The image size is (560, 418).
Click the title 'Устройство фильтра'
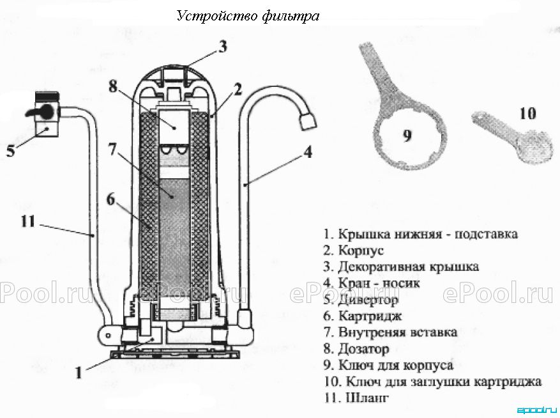click(248, 16)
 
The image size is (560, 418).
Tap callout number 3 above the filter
click(223, 47)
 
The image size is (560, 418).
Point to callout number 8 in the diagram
click(113, 86)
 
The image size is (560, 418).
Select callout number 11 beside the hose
click(28, 221)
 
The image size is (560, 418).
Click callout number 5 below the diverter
click(11, 151)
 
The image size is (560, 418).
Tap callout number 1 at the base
click(79, 373)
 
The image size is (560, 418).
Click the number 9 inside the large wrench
click(407, 136)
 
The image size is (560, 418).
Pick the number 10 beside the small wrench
click(527, 113)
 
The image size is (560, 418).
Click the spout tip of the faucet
click(308, 121)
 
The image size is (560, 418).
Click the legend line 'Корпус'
click(354, 250)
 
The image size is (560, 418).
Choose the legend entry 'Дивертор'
click(361, 300)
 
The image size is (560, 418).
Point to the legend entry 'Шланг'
click(356, 398)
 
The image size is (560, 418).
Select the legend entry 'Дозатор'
click(356, 348)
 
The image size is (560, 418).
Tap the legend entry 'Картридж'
click(363, 316)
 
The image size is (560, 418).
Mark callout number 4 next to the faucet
click(308, 151)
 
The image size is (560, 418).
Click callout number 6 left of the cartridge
click(111, 199)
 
